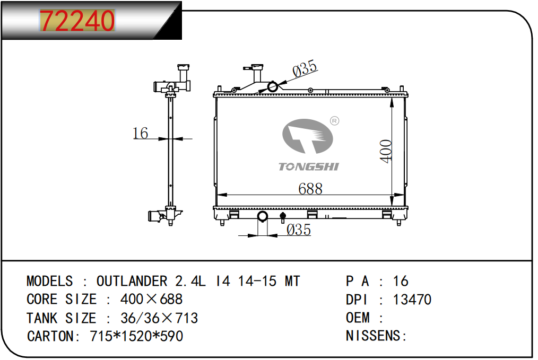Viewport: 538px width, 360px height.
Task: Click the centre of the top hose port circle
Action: [273, 87]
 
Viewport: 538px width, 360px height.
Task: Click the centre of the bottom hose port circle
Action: [263, 216]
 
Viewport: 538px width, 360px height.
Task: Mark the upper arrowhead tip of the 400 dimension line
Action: [392, 98]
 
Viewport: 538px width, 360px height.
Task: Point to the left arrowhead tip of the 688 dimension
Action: [218, 195]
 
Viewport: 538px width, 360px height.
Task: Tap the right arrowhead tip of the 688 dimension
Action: [404, 195]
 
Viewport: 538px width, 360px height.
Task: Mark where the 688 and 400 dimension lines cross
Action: [392, 195]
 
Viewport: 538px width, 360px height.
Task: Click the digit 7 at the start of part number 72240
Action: [48, 21]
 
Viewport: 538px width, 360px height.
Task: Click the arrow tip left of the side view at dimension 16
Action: [168, 139]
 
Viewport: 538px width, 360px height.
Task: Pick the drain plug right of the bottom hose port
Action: [283, 217]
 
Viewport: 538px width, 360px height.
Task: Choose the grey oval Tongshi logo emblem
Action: [308, 136]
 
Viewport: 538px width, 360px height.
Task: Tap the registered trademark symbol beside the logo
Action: [335, 121]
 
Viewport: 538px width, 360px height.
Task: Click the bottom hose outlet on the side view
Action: [154, 216]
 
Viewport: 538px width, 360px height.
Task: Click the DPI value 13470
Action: [412, 300]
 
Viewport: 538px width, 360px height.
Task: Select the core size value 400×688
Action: [151, 300]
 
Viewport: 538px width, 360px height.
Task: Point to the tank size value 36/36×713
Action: [159, 318]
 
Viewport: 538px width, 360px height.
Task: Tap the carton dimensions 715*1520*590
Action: [136, 336]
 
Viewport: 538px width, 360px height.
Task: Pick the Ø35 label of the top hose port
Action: [305, 68]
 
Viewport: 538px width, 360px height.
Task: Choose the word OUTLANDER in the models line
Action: [132, 281]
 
